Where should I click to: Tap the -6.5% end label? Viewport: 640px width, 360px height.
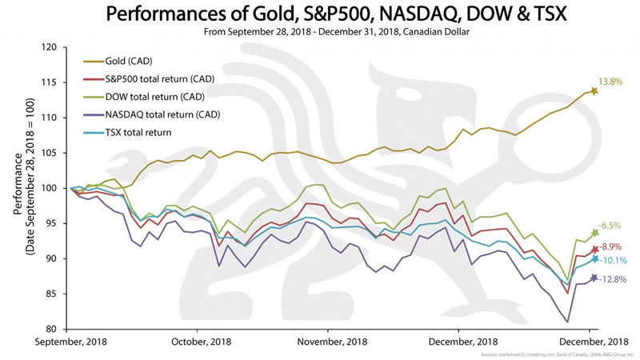(610, 226)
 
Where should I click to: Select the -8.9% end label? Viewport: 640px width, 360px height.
(610, 246)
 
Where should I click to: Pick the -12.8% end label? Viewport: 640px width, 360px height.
(612, 279)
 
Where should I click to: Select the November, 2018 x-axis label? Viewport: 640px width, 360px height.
(328, 341)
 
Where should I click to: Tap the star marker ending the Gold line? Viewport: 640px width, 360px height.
(594, 90)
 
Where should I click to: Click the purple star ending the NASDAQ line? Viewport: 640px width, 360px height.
(594, 278)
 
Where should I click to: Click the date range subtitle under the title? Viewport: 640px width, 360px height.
(320, 33)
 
